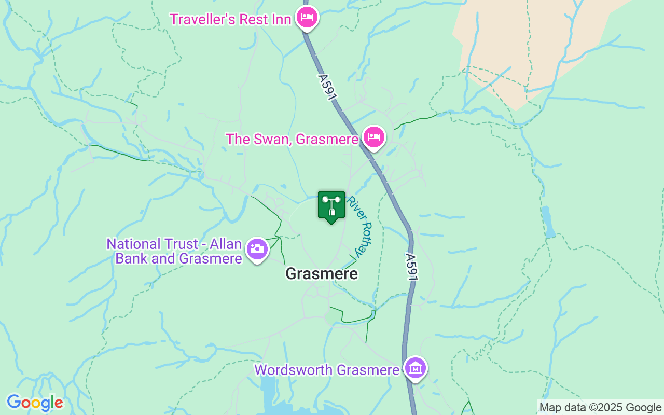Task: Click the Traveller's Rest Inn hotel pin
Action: click(307, 18)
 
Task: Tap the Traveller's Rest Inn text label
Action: click(231, 19)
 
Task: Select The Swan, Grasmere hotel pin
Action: click(374, 137)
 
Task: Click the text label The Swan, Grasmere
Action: click(292, 139)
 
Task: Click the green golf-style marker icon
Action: click(331, 206)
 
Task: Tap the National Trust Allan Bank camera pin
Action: click(257, 250)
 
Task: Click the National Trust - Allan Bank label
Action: click(174, 251)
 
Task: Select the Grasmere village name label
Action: click(322, 273)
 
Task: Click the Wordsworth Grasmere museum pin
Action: click(415, 368)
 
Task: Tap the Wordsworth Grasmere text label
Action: click(327, 370)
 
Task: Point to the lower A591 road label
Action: click(411, 267)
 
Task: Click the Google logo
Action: click(35, 403)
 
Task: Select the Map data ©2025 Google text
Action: click(600, 408)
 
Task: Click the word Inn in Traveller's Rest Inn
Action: click(279, 19)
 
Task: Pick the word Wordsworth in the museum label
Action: click(294, 370)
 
